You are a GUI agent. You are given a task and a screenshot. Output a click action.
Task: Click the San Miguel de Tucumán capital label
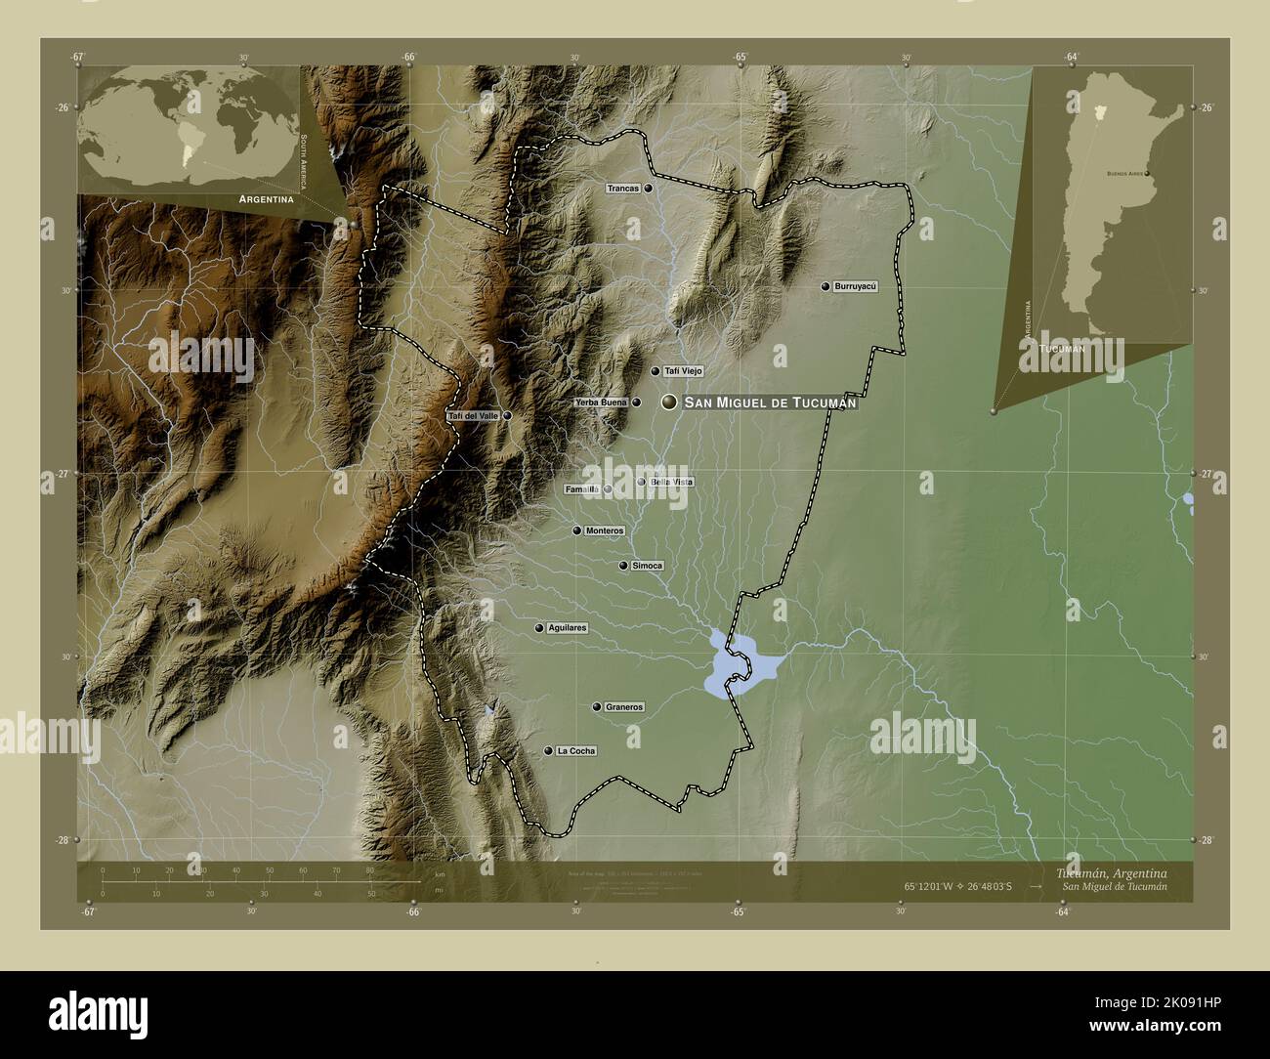coord(770,402)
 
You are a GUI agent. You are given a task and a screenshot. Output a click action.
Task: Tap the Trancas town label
coord(622,189)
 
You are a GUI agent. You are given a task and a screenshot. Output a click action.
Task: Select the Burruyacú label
coord(856,286)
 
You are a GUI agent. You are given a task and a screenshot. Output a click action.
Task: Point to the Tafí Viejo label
coord(683,371)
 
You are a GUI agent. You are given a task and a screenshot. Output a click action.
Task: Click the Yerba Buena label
coord(601,402)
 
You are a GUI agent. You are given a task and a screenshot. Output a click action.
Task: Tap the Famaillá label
coord(581,489)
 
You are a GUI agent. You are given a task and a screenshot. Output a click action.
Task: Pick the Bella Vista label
coord(672,482)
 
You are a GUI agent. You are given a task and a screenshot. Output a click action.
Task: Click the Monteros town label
coord(605,530)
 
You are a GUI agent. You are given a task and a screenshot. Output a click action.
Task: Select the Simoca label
coord(648,566)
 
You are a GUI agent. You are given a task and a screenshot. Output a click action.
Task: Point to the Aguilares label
coord(568,628)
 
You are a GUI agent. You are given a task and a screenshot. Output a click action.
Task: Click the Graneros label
coord(624,706)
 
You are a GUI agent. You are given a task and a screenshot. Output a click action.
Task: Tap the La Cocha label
coord(575,751)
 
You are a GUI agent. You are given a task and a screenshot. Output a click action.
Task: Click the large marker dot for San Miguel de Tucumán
coord(669,402)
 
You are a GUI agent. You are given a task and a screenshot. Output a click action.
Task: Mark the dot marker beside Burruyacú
coord(825,286)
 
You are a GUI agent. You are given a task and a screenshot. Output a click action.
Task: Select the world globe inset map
coord(190,126)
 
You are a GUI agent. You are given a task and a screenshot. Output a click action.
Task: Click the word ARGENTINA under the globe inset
coord(260,198)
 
